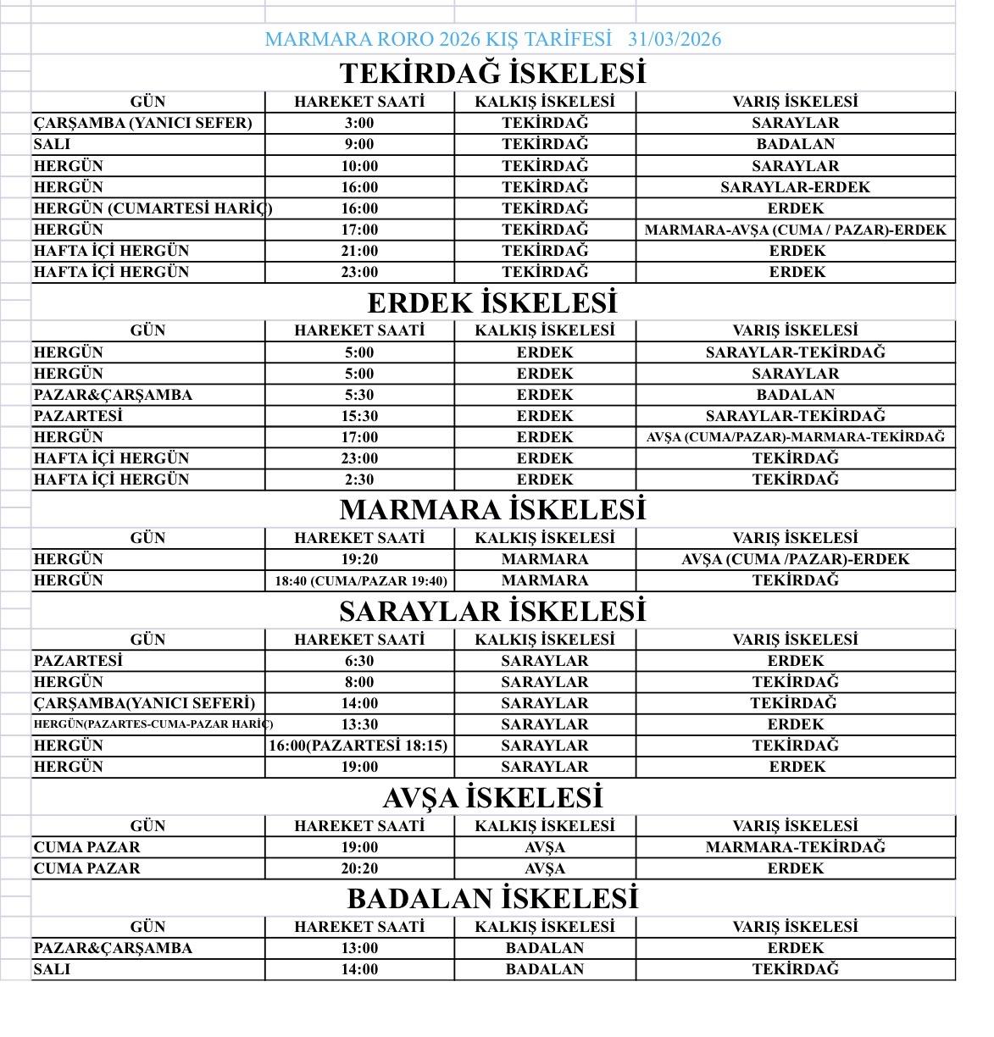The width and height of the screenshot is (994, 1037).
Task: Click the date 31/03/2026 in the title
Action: tap(675, 39)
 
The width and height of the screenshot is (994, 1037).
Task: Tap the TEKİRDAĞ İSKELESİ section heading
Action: tap(492, 73)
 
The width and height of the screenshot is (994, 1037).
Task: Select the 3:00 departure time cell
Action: tap(359, 123)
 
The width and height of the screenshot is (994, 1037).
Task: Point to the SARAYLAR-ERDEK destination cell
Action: tap(795, 187)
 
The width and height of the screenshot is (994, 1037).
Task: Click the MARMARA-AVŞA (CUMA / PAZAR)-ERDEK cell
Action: tap(795, 230)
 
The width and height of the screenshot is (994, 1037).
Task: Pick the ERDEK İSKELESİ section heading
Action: tap(492, 302)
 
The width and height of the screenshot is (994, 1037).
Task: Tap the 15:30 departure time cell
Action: tap(359, 416)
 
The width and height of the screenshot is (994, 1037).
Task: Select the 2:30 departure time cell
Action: tap(359, 480)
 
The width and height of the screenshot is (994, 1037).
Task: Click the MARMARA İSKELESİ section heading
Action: tap(492, 509)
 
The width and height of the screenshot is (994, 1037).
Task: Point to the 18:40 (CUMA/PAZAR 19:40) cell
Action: tap(360, 581)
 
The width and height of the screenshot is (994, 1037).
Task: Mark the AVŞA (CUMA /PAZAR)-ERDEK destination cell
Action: tap(795, 559)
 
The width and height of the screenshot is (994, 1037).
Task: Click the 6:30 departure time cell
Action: tap(359, 661)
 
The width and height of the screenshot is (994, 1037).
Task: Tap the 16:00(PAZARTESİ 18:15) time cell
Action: tap(358, 746)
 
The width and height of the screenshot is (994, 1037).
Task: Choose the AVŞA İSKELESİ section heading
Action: tap(492, 797)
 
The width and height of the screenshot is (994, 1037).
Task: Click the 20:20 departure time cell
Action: tap(359, 868)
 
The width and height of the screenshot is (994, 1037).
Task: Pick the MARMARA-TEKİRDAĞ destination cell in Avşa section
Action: tap(795, 847)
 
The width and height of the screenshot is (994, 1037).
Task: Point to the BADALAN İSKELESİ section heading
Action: tap(492, 898)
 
